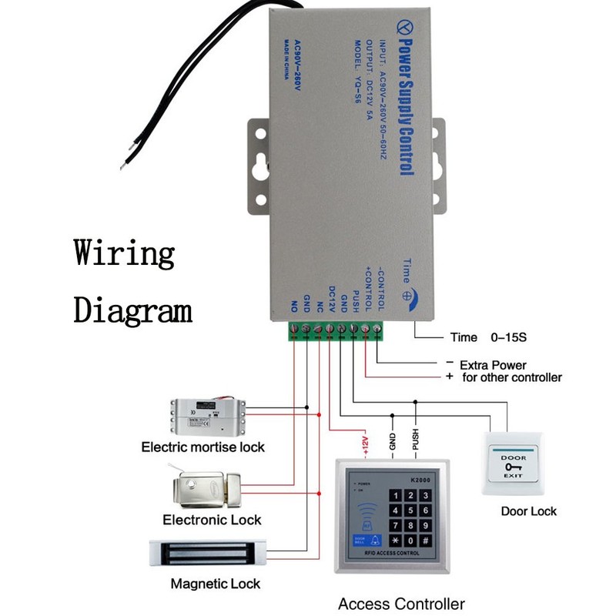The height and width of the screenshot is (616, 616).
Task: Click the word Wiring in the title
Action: (x=124, y=255)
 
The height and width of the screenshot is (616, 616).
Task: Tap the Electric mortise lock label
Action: (x=203, y=447)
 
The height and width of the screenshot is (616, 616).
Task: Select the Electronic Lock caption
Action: (x=212, y=521)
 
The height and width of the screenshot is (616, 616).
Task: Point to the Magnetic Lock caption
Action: (x=216, y=584)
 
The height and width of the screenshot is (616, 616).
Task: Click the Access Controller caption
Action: (x=401, y=604)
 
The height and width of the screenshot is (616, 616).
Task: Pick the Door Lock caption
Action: (x=528, y=511)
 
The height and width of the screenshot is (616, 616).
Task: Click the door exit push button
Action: (x=514, y=465)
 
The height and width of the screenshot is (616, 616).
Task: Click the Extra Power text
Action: (x=493, y=365)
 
